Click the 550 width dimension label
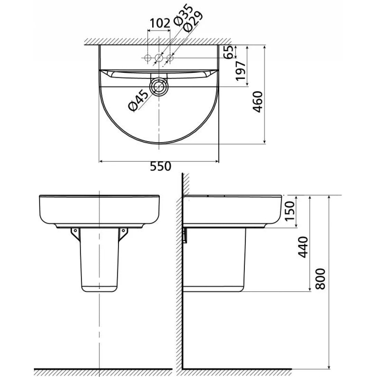(x=160, y=167)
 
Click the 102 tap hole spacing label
(x=159, y=23)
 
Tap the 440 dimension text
(x=303, y=247)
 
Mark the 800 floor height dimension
(x=321, y=279)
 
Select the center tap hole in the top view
(x=159, y=58)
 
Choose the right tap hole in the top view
(x=170, y=58)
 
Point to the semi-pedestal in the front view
(x=99, y=259)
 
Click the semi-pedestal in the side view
(x=214, y=259)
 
